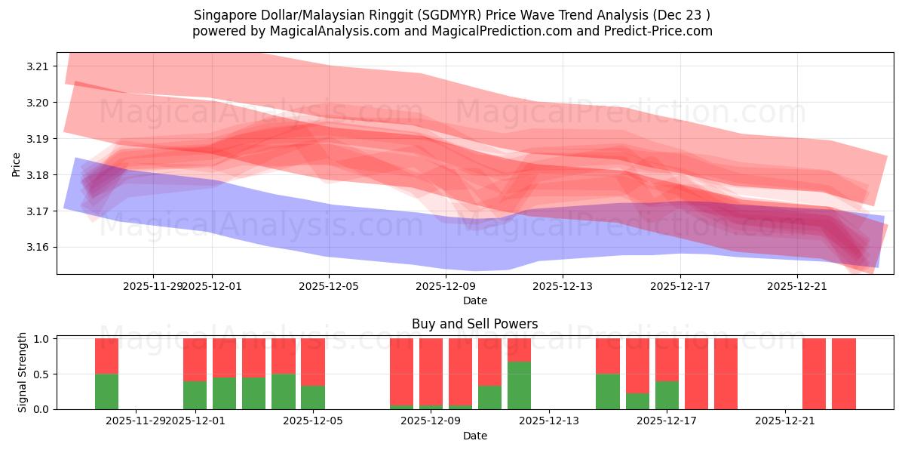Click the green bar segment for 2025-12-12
coord(519,385)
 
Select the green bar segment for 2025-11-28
coord(106,391)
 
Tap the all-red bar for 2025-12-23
coord(843,374)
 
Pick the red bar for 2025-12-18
coord(696,374)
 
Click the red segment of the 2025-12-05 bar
coord(313,362)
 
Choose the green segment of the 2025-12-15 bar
coord(608,391)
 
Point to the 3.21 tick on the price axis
coord(38,66)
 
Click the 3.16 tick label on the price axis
coord(38,248)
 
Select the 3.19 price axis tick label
coord(38,139)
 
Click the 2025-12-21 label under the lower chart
coord(785,421)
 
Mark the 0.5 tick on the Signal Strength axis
coord(42,374)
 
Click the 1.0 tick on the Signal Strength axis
coord(42,339)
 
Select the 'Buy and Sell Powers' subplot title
coord(474,324)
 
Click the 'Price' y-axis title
coord(16,164)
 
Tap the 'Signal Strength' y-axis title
coord(23,372)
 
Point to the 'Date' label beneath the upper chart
coord(474,300)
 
